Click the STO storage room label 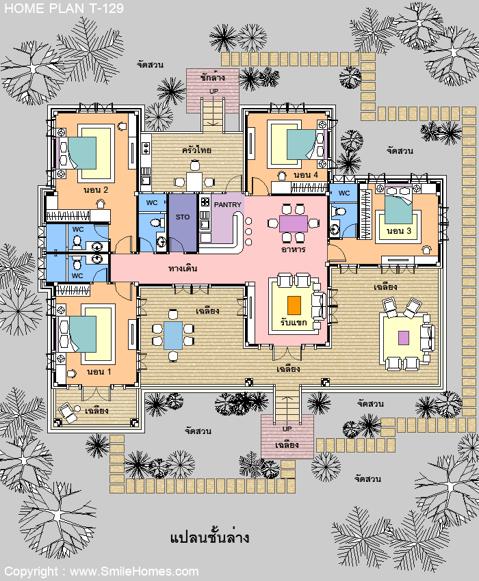(183, 217)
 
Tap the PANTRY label (228, 204)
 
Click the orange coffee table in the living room (294, 306)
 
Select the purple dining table (294, 224)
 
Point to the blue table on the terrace (173, 336)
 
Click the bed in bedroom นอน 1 (78, 334)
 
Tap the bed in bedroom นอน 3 (398, 204)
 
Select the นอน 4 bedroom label (306, 175)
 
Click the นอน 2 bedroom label (96, 190)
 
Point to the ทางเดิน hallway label (183, 268)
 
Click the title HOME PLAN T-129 (64, 8)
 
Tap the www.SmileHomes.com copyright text (134, 571)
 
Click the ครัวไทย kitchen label (196, 150)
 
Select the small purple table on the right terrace (404, 338)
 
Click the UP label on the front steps (287, 429)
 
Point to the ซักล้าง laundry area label (213, 78)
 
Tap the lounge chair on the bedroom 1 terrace (68, 412)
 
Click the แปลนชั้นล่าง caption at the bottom (209, 537)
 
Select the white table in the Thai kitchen (194, 182)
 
